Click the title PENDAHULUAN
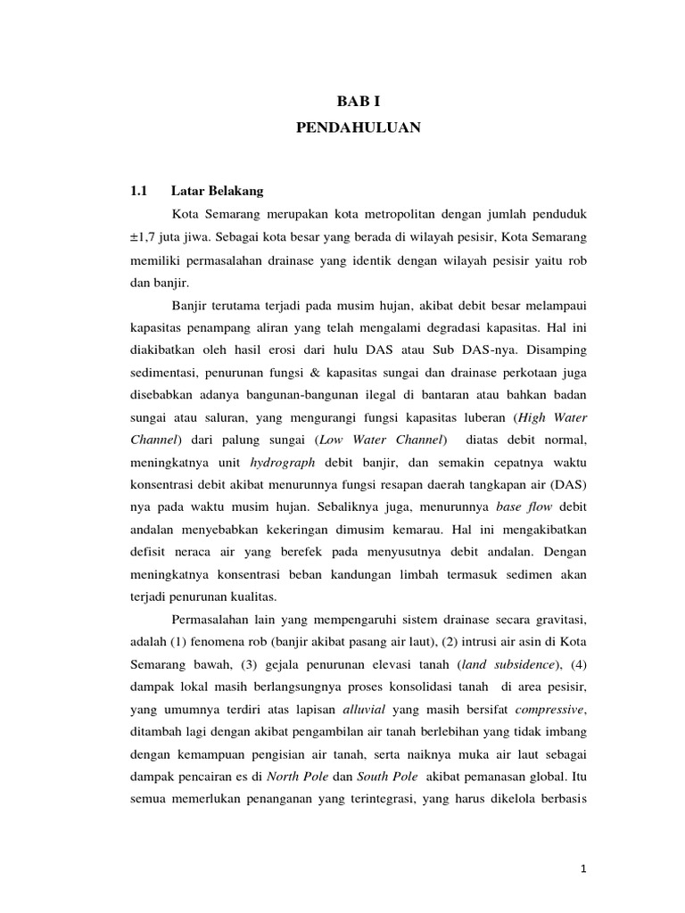point(359,129)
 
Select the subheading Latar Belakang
point(217,191)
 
